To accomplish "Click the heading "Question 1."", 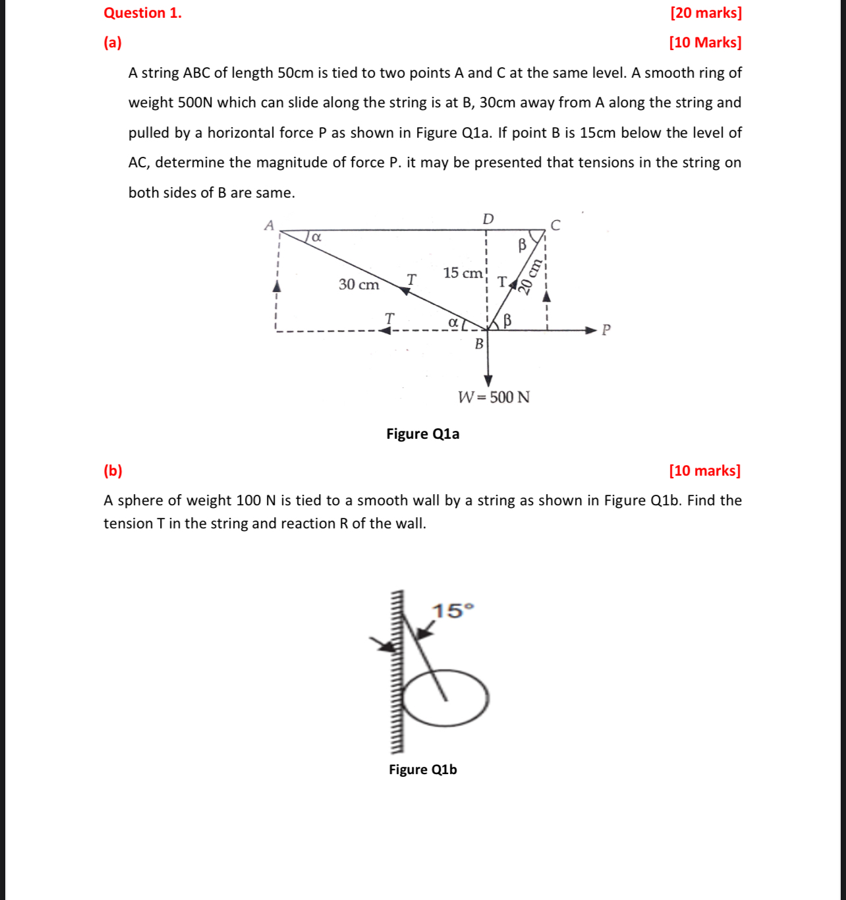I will (x=143, y=13).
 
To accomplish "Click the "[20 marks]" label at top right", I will (x=706, y=13).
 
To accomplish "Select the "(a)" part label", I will (x=113, y=43).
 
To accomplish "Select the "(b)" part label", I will (x=113, y=470).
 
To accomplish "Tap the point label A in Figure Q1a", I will (x=269, y=225).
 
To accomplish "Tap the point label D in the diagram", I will (x=488, y=219).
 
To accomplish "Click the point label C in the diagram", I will (x=555, y=225).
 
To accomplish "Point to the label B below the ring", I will (x=479, y=344).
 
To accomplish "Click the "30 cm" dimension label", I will (x=359, y=285).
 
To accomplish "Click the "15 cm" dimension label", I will (x=463, y=273).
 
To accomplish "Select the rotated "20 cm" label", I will (x=530, y=276).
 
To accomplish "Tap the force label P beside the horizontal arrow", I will (x=606, y=330).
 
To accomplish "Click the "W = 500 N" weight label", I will (x=494, y=397).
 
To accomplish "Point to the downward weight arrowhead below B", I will (x=488, y=381).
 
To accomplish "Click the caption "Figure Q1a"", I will (x=423, y=434).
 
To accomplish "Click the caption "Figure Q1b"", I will (x=423, y=770).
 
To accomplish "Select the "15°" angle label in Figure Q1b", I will (x=453, y=611).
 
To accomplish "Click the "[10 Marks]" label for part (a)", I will (x=705, y=43).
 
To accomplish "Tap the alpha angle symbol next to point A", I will (x=316, y=237).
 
